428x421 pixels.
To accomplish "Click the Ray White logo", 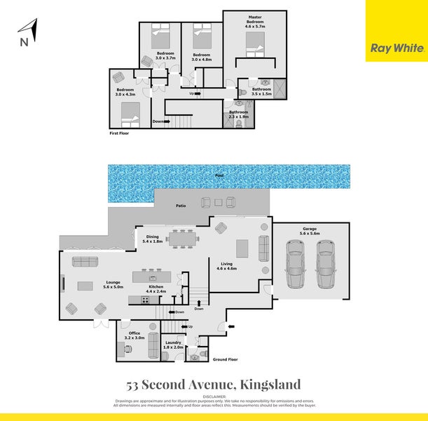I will [x=396, y=48].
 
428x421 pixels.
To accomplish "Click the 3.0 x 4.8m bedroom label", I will [x=202, y=57].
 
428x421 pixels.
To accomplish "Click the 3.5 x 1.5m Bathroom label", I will [x=261, y=91].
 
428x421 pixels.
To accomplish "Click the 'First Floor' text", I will [x=120, y=132].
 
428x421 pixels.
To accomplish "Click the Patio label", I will [x=180, y=205].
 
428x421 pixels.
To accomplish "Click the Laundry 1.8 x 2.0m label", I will [x=172, y=345].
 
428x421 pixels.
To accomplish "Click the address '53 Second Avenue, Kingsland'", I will [x=214, y=385].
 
